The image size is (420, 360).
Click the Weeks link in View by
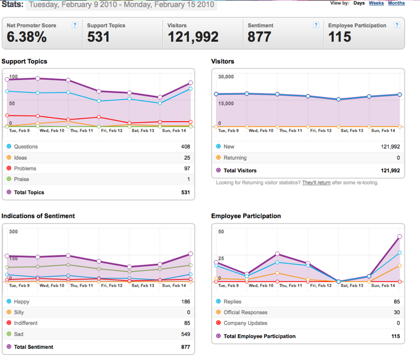pos(376,3)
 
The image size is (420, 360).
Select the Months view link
pos(396,3)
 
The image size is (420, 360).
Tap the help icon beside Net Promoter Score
pos(75,25)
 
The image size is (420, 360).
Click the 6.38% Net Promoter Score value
pos(27,37)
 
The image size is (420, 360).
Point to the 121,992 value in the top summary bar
pos(193,37)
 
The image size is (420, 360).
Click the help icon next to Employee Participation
pos(397,25)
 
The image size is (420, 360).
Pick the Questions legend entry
pos(26,146)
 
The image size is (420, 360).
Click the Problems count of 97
pos(187,168)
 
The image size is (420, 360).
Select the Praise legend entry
pos(21,179)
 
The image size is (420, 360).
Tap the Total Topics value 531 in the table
pos(186,192)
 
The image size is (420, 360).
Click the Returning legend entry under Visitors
pos(235,158)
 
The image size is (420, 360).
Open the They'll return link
pos(317,183)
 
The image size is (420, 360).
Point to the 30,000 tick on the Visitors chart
pos(226,77)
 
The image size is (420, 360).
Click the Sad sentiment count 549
pos(186,334)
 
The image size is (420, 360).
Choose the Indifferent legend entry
pos(26,323)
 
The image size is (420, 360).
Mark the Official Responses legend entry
pos(246,312)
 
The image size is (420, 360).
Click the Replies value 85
pos(397,302)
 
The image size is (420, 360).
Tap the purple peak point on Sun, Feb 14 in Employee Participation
pos(400,237)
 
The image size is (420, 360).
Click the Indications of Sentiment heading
pos(38,216)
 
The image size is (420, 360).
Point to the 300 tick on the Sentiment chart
pos(13,232)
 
